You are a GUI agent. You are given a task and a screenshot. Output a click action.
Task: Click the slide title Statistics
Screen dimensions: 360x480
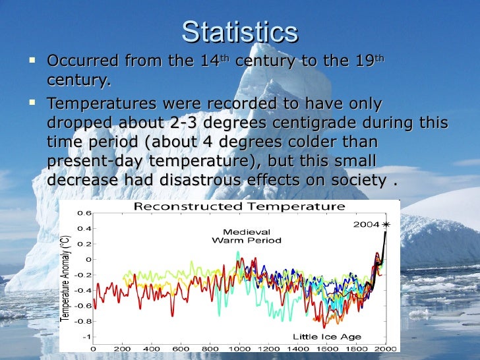[x=239, y=32]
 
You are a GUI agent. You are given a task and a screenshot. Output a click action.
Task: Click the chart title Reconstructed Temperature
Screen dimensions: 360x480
[x=239, y=206]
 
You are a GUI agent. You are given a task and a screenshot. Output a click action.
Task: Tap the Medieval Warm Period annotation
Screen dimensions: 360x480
[x=247, y=236]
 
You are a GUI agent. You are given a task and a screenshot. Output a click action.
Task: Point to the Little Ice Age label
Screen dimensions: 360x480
[x=328, y=337]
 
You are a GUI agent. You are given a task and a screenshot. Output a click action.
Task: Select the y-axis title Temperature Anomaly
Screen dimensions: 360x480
[x=66, y=278]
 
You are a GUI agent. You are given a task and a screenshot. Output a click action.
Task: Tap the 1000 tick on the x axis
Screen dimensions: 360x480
[x=239, y=348]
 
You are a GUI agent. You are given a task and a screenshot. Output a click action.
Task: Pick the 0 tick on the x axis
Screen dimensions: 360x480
[x=93, y=348]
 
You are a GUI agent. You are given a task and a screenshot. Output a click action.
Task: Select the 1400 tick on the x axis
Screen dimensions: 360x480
[x=297, y=348]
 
